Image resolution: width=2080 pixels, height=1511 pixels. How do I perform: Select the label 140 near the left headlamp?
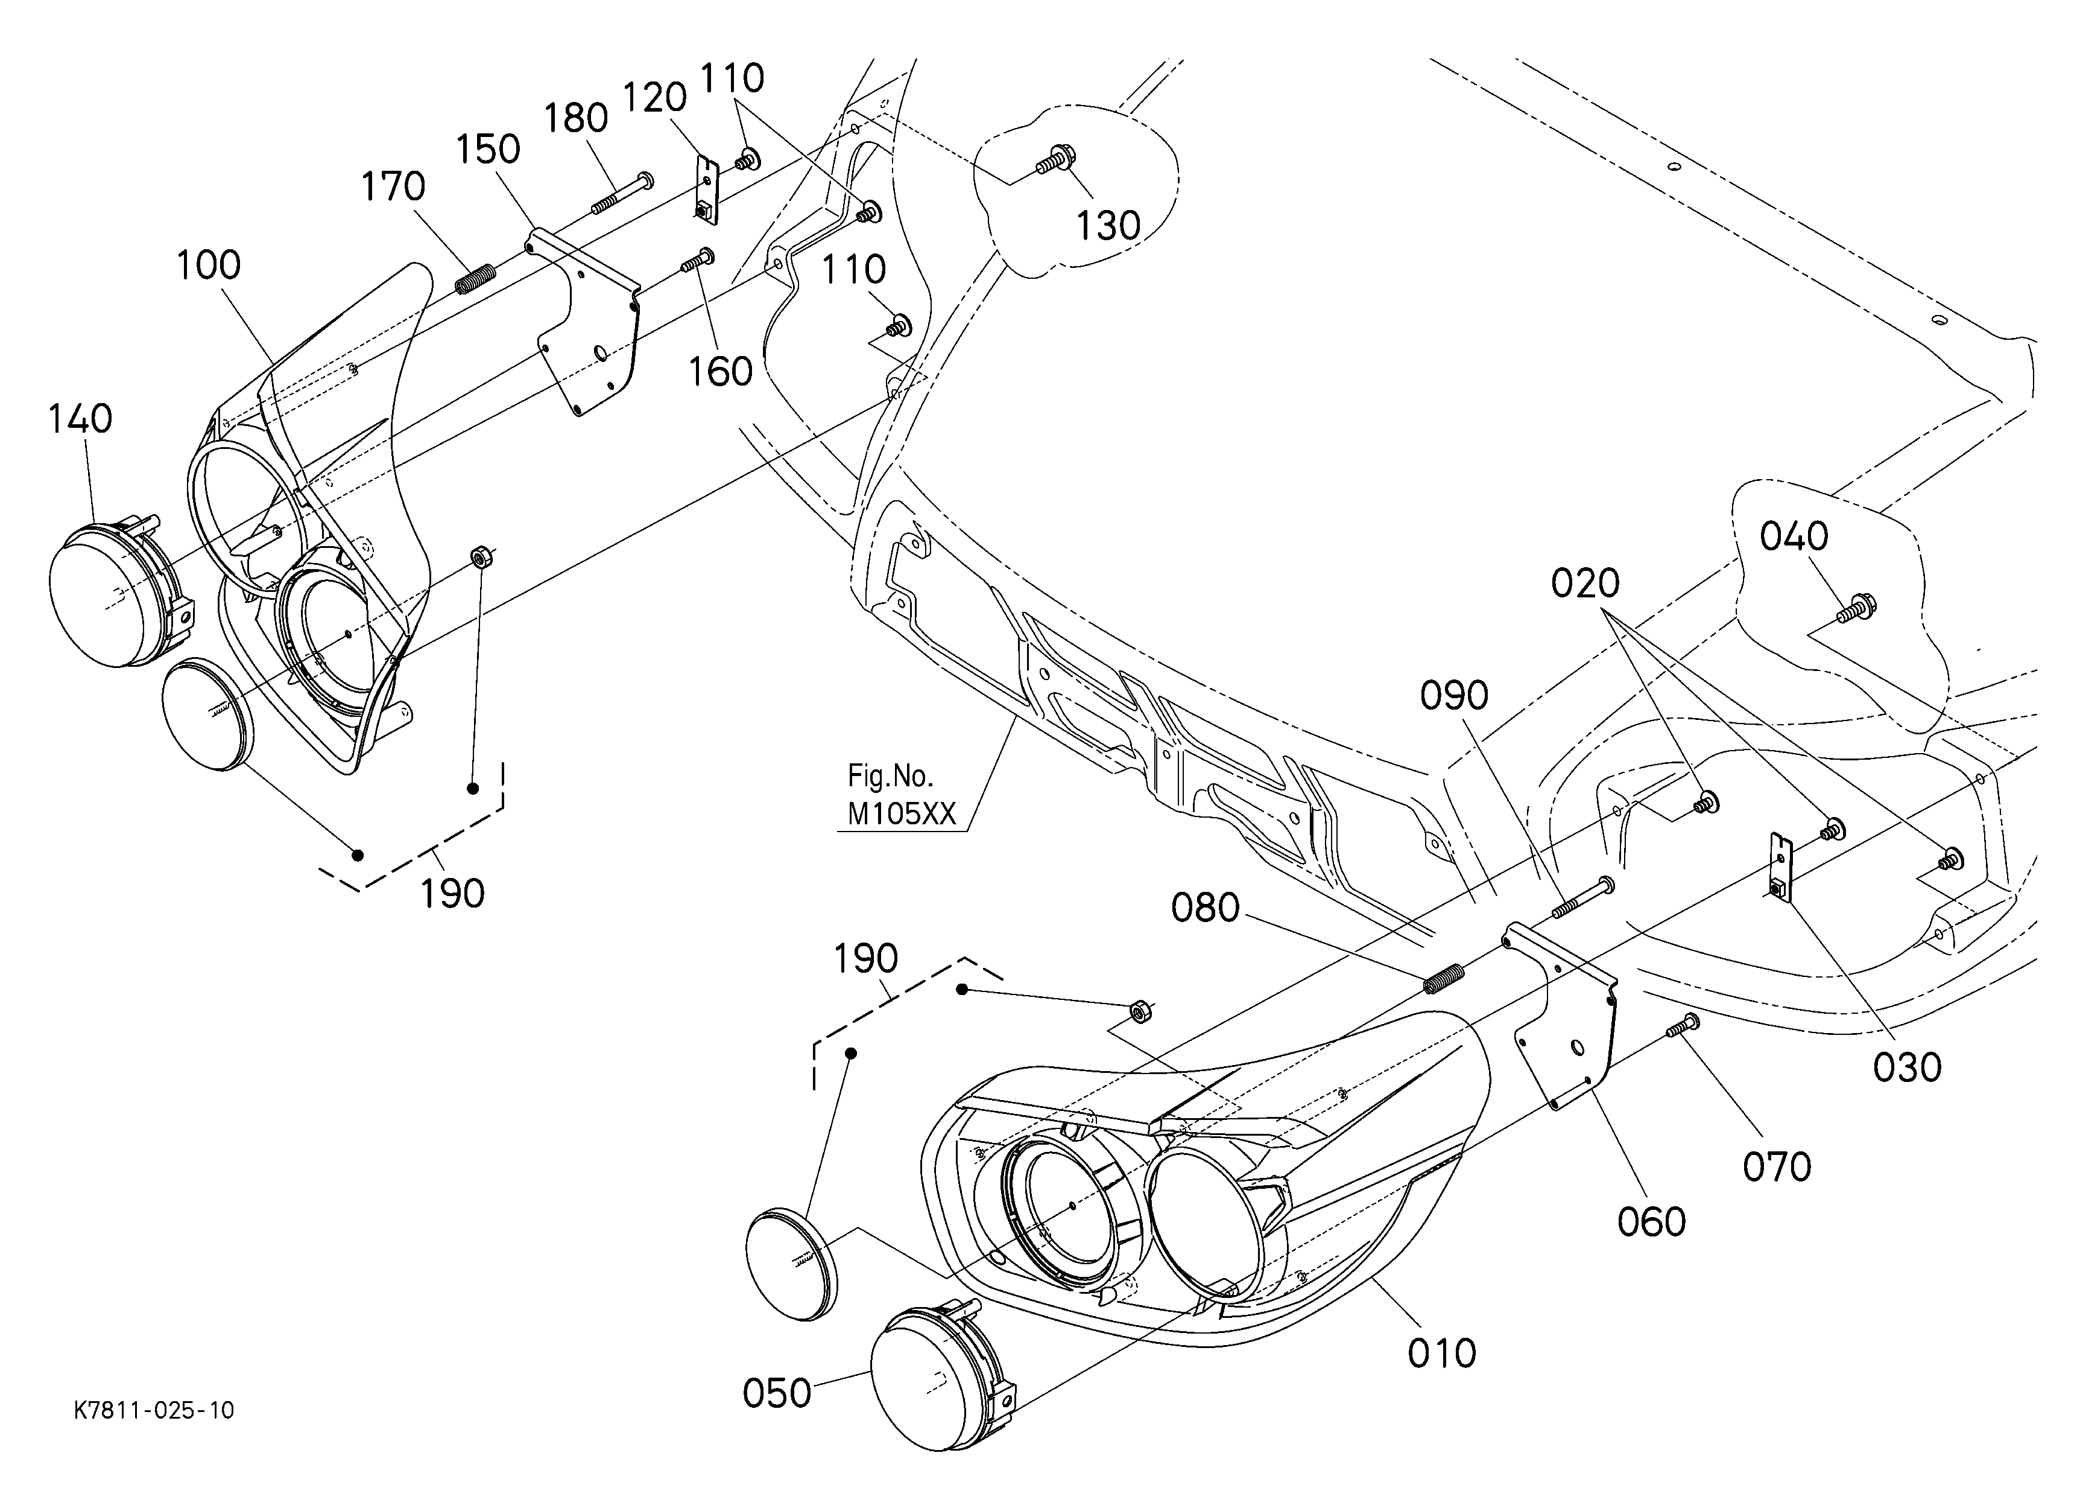(x=80, y=419)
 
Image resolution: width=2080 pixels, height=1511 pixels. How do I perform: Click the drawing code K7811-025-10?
(x=154, y=1410)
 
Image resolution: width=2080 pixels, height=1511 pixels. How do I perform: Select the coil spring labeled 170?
(x=475, y=278)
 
